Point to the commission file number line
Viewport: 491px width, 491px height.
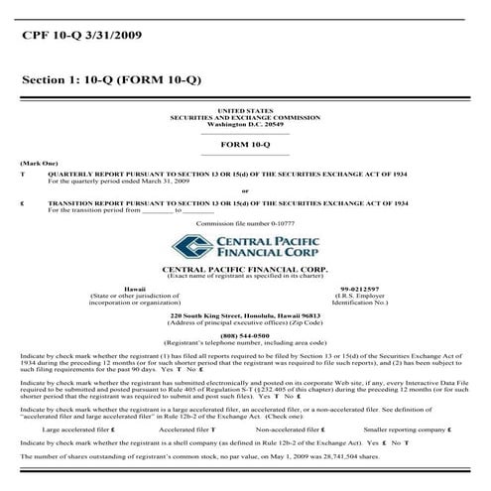coord(245,225)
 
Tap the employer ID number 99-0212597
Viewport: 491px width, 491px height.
coord(359,288)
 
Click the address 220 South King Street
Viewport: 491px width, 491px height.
coord(245,315)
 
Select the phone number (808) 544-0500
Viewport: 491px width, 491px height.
coord(245,335)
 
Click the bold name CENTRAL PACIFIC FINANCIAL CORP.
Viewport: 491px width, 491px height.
coord(245,269)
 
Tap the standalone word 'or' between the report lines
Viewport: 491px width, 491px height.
coord(245,190)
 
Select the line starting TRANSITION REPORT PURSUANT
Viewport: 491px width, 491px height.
coord(228,201)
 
